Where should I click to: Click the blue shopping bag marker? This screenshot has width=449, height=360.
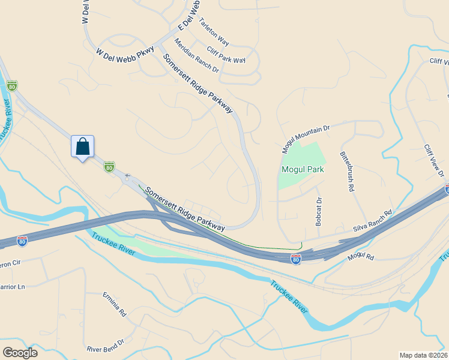pyautogui.click(x=82, y=146)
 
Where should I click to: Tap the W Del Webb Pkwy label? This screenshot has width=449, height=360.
pyautogui.click(x=125, y=53)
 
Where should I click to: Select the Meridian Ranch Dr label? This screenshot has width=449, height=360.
pyautogui.click(x=196, y=56)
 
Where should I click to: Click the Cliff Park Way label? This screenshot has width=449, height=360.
pyautogui.click(x=226, y=55)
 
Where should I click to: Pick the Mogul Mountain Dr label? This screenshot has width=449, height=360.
pyautogui.click(x=306, y=139)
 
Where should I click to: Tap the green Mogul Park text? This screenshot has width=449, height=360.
pyautogui.click(x=303, y=169)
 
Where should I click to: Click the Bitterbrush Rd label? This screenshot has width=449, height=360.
pyautogui.click(x=347, y=171)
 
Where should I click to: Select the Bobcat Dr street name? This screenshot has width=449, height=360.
pyautogui.click(x=319, y=212)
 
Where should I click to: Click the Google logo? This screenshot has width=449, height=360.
pyautogui.click(x=19, y=353)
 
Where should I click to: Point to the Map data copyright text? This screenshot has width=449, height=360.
pyautogui.click(x=424, y=355)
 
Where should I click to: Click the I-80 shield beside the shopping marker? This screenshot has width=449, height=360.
pyautogui.click(x=109, y=167)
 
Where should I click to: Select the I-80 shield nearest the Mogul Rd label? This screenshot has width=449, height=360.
pyautogui.click(x=295, y=259)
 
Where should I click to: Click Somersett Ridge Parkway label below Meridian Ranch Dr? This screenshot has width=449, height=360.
pyautogui.click(x=197, y=83)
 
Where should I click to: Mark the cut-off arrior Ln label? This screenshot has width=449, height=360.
pyautogui.click(x=13, y=287)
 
